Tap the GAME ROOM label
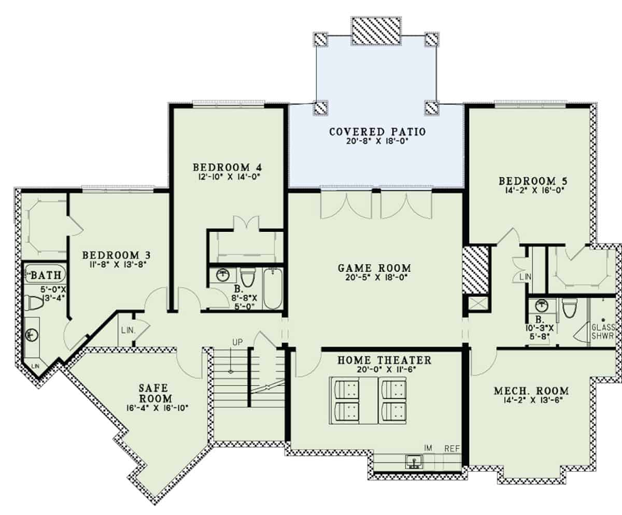374,268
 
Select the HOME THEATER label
377,359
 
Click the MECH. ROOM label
531,391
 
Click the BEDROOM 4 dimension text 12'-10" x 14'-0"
228,177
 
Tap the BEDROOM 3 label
117,255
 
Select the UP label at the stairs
237,342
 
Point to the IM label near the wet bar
428,448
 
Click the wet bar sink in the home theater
414,461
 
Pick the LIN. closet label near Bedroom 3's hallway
128,330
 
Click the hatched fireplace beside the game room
476,270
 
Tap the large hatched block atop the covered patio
376,30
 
